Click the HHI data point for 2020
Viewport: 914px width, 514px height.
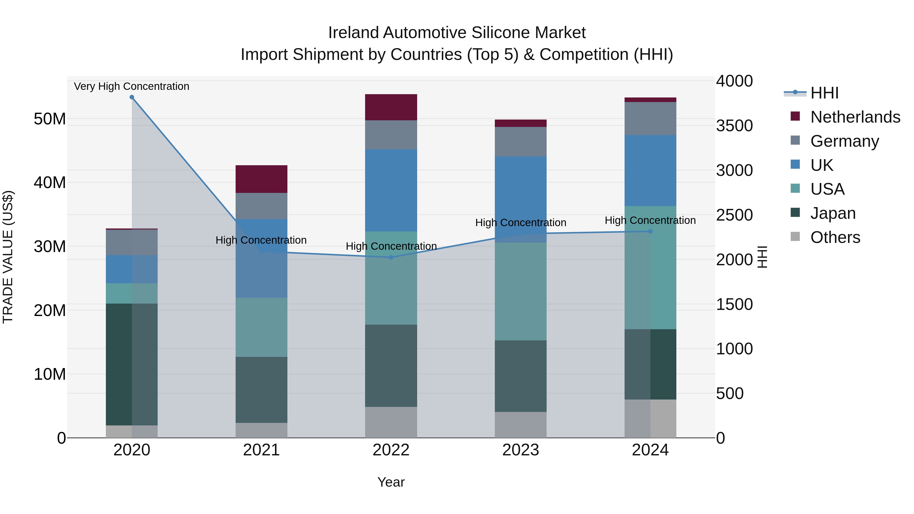(x=132, y=97)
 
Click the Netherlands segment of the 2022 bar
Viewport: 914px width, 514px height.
(x=391, y=107)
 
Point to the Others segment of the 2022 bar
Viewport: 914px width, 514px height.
(x=391, y=422)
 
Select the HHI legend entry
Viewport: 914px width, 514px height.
(x=824, y=93)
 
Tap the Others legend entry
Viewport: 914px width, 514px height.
(x=835, y=237)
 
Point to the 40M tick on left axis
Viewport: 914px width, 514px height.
(x=50, y=183)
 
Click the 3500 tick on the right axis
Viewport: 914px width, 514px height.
(x=734, y=126)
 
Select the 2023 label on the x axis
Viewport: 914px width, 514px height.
(x=520, y=450)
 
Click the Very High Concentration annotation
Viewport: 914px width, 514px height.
(x=132, y=86)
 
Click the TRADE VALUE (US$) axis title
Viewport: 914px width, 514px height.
(x=8, y=257)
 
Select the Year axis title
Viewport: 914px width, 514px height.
(x=391, y=482)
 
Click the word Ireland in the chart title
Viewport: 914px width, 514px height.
(x=353, y=33)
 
